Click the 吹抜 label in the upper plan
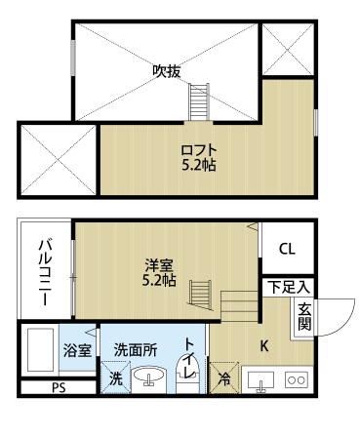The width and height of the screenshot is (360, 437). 167,71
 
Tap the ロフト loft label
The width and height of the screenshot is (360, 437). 199,150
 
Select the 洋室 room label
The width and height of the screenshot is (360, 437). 159,265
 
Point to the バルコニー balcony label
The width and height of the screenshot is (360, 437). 45,272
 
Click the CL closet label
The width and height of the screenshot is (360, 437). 287,250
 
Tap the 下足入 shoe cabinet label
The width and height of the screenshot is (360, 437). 289,288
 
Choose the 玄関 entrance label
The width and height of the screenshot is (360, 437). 304,317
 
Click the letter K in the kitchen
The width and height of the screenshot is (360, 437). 264,346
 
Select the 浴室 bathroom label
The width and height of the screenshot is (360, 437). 77,350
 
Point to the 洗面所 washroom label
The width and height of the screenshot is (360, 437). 136,350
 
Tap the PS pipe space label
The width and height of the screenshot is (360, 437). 59,387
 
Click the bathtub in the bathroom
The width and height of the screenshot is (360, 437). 40,349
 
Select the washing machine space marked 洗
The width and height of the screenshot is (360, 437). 115,377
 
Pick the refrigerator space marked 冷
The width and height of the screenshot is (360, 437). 223,377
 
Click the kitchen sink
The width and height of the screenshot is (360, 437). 260,379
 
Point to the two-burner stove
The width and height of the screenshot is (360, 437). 297,379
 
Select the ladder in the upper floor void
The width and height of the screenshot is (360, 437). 199,101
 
